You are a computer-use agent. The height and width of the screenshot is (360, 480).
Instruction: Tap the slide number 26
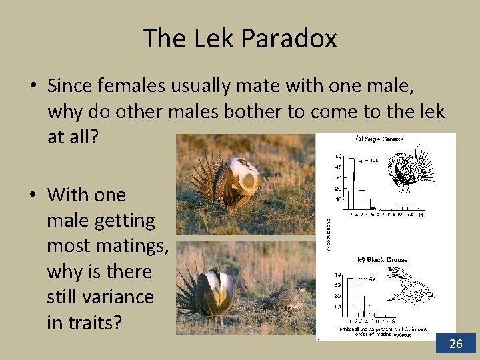click(456, 344)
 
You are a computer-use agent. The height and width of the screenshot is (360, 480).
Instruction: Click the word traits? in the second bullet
click(84, 323)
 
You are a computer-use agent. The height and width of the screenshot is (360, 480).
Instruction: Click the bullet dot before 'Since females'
click(32, 87)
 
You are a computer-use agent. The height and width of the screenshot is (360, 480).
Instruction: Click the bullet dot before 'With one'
click(32, 195)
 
